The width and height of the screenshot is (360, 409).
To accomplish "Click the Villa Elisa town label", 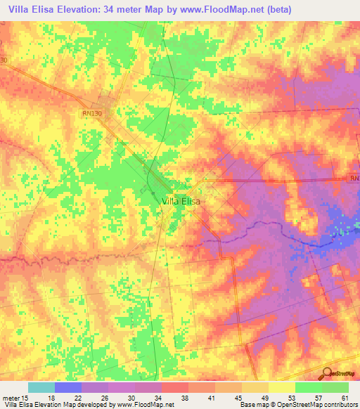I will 181,200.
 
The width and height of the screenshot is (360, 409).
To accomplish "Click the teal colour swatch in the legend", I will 41,387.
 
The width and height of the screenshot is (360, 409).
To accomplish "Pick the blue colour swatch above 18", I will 67,387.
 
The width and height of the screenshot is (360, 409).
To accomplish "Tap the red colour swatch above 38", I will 175,387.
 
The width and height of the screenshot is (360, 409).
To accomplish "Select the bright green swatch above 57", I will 309,387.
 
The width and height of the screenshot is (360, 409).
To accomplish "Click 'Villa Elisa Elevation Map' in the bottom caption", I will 39,404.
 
